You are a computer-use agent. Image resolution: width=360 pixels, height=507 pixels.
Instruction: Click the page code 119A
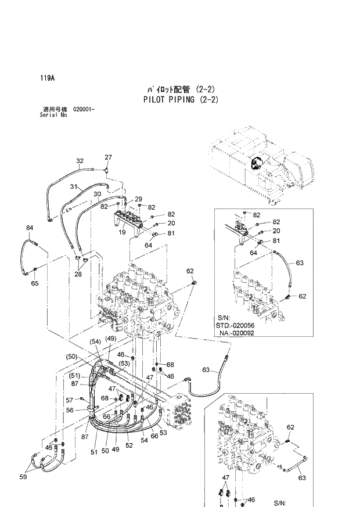point(48,77)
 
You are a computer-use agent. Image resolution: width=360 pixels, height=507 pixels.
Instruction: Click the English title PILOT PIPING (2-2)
point(181,99)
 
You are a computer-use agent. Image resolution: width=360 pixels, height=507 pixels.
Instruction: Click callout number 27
point(108,157)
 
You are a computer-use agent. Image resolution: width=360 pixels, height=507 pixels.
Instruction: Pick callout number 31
point(74,186)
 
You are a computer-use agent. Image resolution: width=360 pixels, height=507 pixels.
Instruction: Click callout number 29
point(138,199)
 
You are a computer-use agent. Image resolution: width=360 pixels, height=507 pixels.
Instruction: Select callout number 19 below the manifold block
point(123,232)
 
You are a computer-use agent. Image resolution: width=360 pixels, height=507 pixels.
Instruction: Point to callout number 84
point(30,227)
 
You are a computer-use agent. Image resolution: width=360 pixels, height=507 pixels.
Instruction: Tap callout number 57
point(69,400)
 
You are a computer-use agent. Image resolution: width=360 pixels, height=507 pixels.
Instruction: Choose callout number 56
point(69,409)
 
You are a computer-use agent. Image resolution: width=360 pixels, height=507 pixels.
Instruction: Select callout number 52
point(128,445)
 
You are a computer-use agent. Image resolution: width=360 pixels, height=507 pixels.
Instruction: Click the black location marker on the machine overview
point(255,163)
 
